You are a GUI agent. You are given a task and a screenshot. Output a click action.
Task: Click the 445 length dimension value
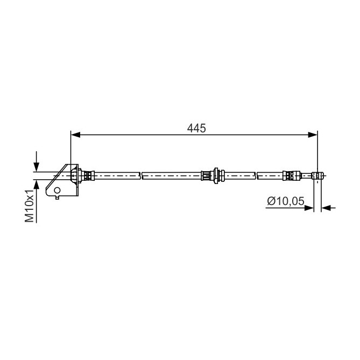coord(196,128)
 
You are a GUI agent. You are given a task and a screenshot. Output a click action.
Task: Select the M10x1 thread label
coord(30,206)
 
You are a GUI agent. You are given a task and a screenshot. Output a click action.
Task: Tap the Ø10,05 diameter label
coord(286,201)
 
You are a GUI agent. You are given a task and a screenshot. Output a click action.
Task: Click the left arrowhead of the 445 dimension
coord(75,135)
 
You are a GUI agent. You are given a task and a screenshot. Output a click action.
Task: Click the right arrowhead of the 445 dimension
coord(313,135)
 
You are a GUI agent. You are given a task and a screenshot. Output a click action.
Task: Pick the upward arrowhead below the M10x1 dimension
coord(36,185)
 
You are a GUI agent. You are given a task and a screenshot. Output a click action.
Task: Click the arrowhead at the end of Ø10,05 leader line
coord(309,208)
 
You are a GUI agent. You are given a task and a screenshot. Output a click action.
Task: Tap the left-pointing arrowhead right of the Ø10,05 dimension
coord(326,208)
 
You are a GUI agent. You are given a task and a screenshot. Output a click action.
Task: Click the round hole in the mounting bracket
coord(57,190)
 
